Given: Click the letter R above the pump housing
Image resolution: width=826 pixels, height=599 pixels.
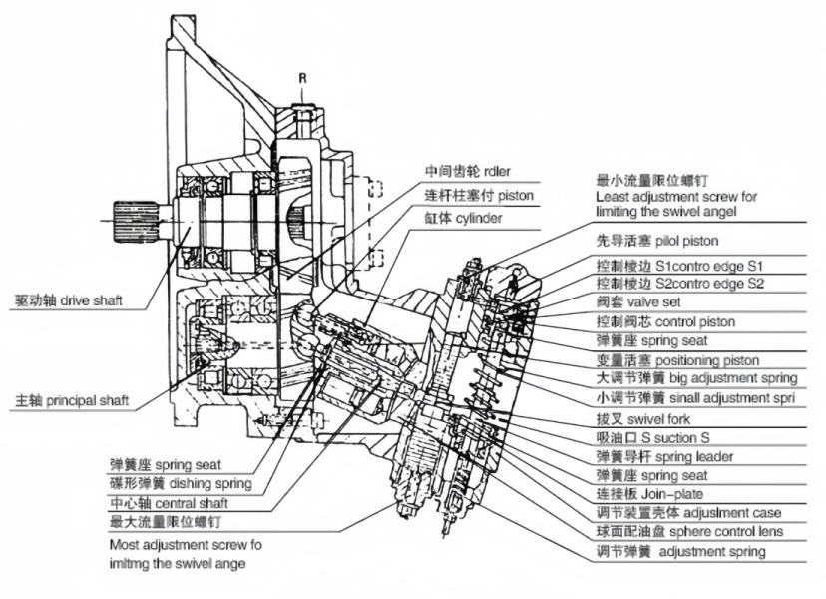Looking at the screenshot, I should click(x=300, y=77).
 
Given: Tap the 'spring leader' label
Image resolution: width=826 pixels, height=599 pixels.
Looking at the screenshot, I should click(x=678, y=456).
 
